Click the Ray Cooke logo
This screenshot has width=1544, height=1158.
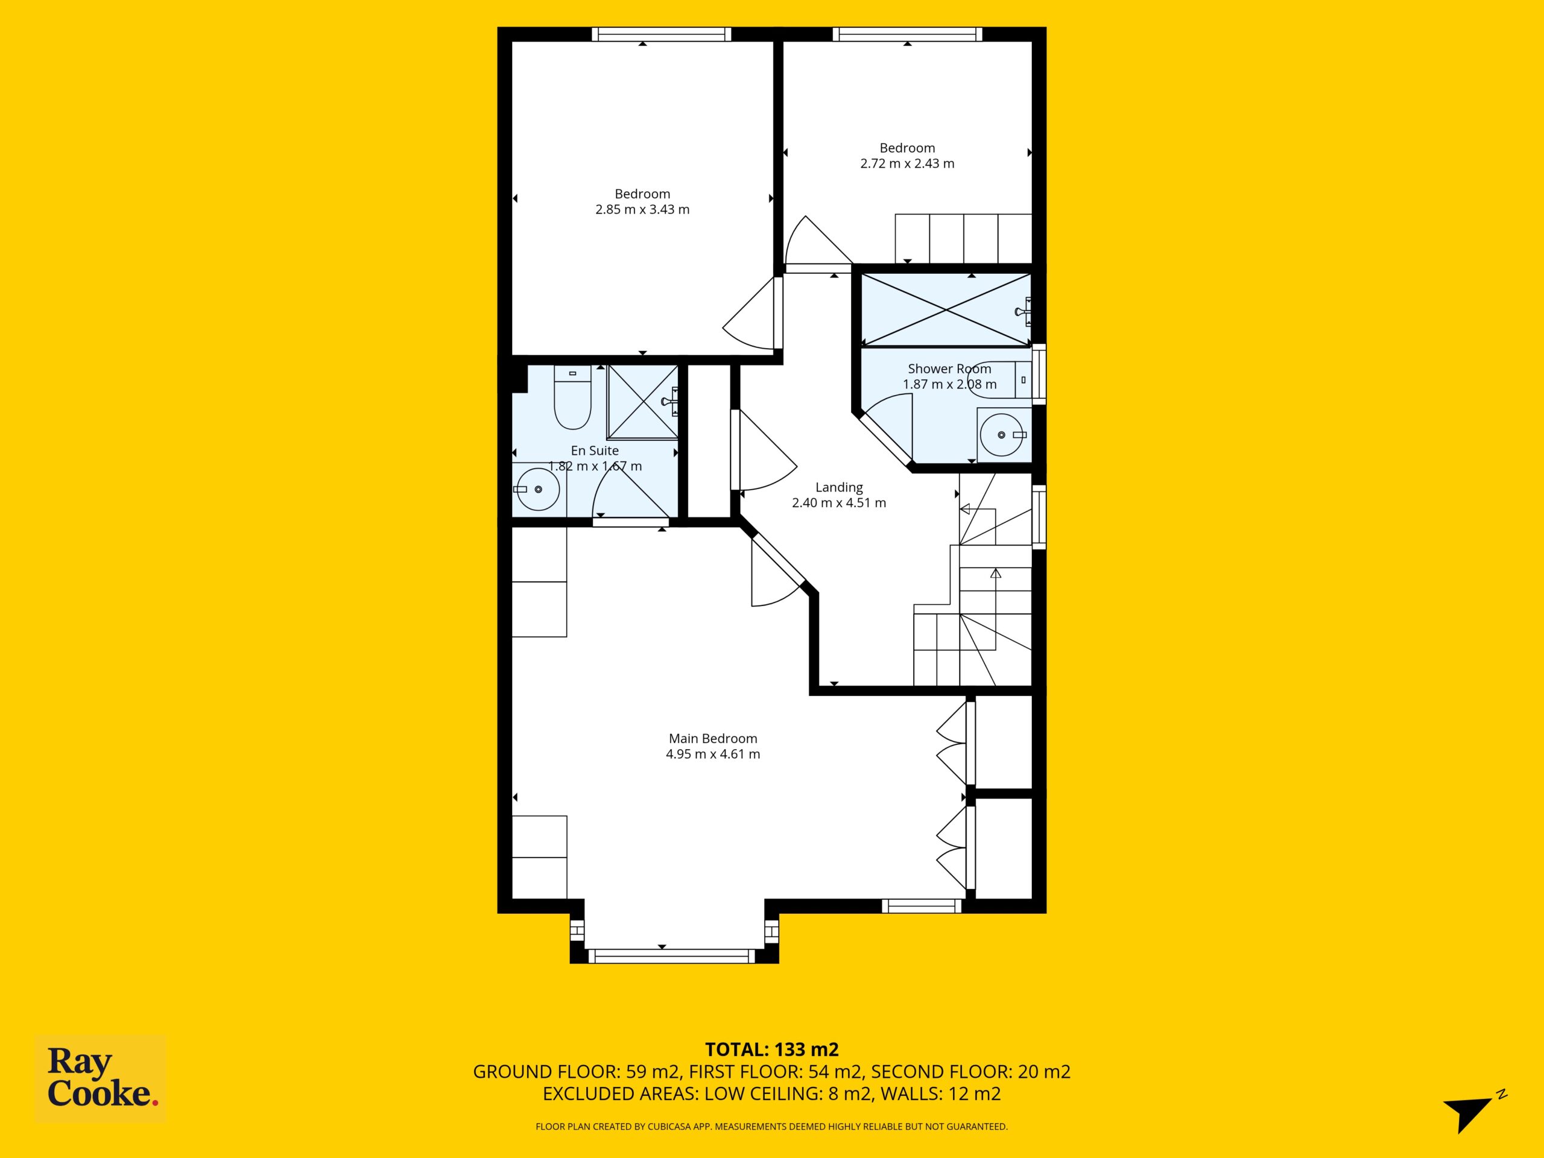tap(101, 1078)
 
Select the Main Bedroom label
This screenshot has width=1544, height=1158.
tap(713, 738)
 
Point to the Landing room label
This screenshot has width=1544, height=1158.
tap(839, 487)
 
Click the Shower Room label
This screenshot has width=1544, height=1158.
tap(949, 369)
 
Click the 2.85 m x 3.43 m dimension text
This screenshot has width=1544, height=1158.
tap(642, 209)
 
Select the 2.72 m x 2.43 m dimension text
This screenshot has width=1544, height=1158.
tap(908, 163)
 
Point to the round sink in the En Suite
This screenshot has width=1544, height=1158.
tap(538, 489)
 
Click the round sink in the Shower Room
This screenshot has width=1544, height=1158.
tap(1003, 435)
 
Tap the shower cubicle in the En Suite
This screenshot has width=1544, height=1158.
tap(642, 401)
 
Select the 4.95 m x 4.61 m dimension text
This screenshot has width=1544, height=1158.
tap(713, 754)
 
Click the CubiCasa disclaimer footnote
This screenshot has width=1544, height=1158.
tap(771, 1126)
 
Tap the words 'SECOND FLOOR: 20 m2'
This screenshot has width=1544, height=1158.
tap(970, 1071)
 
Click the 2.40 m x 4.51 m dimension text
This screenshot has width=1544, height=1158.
tap(839, 502)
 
